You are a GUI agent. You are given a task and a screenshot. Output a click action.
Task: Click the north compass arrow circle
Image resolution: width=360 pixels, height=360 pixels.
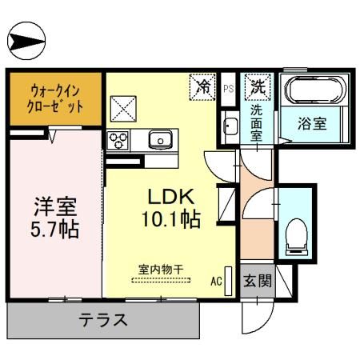click(x=26, y=41)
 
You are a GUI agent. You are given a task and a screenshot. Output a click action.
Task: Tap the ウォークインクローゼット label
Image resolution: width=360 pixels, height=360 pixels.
click(x=55, y=98)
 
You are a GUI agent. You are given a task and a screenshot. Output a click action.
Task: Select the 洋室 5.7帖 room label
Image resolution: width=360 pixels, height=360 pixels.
click(x=55, y=218)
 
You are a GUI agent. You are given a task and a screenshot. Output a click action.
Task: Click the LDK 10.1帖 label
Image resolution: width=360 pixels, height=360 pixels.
click(x=171, y=208)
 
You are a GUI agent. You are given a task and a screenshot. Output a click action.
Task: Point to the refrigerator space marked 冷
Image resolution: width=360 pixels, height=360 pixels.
click(x=202, y=87)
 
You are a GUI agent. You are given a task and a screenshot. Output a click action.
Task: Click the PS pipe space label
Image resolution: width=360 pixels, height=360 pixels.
click(x=229, y=89)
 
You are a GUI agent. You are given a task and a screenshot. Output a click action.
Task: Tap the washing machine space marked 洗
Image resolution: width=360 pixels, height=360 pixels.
click(x=258, y=87)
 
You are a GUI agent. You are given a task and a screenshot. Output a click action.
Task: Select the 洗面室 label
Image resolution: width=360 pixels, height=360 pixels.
click(x=256, y=123)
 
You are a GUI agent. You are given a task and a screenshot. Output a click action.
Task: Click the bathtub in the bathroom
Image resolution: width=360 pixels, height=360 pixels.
click(x=315, y=90)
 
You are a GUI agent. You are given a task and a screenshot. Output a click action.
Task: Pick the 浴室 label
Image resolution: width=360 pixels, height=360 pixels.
click(x=312, y=124)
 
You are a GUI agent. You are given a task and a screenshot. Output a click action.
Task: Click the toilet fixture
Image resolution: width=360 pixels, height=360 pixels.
click(x=297, y=237)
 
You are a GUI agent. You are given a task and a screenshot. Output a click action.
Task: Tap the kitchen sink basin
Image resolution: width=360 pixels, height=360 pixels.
click(x=160, y=139)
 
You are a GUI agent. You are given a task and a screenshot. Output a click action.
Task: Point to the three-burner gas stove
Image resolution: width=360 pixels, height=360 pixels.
click(x=118, y=140)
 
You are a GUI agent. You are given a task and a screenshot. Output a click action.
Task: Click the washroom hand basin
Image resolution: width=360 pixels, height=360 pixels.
click(x=230, y=126)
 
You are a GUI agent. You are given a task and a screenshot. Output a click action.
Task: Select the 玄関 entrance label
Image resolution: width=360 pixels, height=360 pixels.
click(x=258, y=281)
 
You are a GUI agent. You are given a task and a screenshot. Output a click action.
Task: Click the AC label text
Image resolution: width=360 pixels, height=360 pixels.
click(x=216, y=281)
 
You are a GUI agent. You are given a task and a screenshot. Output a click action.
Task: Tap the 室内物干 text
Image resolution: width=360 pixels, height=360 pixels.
click(x=161, y=270)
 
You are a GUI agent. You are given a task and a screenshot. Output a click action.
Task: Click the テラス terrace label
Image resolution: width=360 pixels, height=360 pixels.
click(x=103, y=320)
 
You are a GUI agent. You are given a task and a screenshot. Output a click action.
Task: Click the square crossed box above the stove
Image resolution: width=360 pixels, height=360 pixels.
click(x=123, y=109)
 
